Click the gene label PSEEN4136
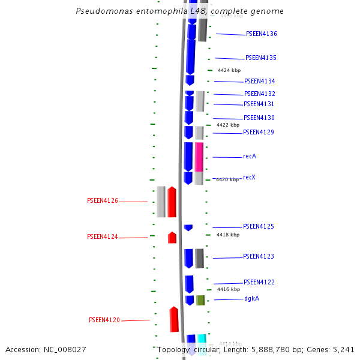tap(261, 34)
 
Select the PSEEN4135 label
tap(260, 58)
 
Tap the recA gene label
tap(250, 157)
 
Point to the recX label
tap(249, 178)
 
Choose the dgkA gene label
tap(251, 299)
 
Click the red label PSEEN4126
tap(103, 201)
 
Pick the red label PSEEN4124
tap(103, 237)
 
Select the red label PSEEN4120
tap(104, 320)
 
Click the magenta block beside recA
tap(199, 157)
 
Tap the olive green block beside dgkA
tap(200, 300)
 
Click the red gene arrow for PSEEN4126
tap(172, 202)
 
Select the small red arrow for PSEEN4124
tap(172, 238)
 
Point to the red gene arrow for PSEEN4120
tap(174, 319)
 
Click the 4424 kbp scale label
tap(229, 71)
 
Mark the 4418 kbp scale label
tap(228, 235)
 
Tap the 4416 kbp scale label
tap(228, 289)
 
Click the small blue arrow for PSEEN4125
tap(188, 227)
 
